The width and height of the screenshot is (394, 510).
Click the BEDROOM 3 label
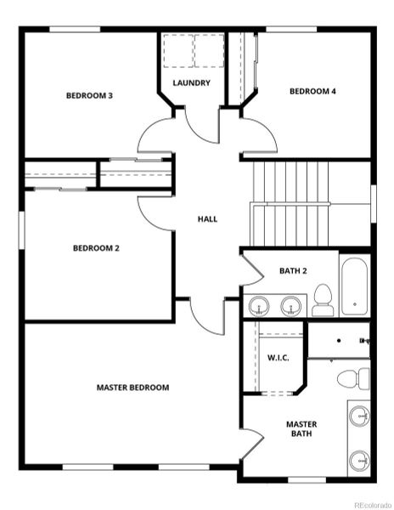[x=89, y=95]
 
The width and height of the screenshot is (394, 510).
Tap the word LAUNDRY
[x=191, y=82]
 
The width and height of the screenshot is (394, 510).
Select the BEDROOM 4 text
[x=312, y=91]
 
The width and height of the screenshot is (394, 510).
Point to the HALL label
[x=207, y=218]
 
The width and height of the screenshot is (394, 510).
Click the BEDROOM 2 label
[x=95, y=248]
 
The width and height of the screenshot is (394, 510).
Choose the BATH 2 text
[x=293, y=271]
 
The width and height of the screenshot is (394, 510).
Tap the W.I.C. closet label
[x=279, y=358]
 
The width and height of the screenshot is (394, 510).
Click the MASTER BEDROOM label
[x=132, y=388]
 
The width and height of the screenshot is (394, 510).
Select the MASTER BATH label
[x=301, y=428]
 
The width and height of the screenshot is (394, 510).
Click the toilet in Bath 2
[x=322, y=300]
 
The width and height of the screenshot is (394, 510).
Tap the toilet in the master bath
[x=354, y=377]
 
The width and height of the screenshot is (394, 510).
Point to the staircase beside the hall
[x=290, y=202]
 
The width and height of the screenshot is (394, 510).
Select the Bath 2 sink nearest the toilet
[x=292, y=304]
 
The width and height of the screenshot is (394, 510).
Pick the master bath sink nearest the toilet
[x=359, y=417]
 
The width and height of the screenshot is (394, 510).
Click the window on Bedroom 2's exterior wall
[x=21, y=231]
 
